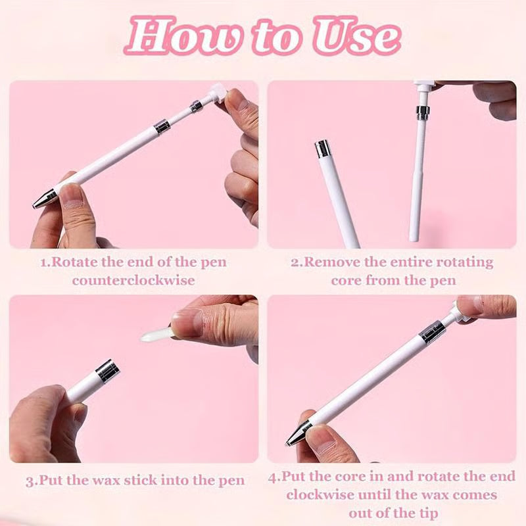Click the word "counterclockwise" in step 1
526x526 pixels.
tap(133, 280)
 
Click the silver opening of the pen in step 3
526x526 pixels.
tap(107, 371)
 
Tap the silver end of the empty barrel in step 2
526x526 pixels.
tap(323, 149)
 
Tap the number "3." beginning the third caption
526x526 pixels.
tap(32, 481)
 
